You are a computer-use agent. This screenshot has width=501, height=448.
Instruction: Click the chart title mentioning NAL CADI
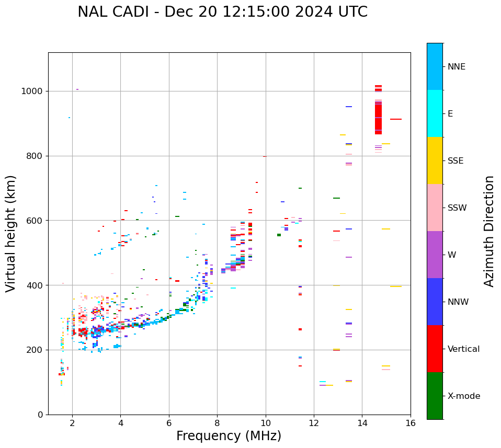click(x=222, y=12)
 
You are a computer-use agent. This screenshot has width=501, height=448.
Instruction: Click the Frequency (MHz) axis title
click(x=229, y=436)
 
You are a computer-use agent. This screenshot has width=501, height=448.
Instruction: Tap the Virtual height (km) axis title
click(x=11, y=233)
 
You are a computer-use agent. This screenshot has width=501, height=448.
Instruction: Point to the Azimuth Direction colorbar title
click(x=489, y=231)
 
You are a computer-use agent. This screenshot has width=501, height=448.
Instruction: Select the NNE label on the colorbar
click(x=456, y=67)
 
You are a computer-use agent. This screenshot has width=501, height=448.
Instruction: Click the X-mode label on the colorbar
click(x=464, y=396)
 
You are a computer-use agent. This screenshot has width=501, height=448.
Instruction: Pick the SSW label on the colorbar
click(x=457, y=208)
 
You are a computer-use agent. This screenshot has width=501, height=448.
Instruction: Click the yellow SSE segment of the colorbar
click(x=435, y=160)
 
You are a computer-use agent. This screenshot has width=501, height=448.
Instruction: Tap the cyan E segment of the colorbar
click(x=435, y=113)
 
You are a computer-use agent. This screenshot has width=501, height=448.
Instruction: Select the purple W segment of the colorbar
click(x=435, y=255)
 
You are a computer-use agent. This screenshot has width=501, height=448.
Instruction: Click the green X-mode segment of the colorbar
click(x=435, y=396)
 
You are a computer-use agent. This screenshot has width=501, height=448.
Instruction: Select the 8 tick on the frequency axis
click(x=217, y=422)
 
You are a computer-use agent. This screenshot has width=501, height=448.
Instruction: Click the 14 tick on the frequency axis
click(x=362, y=422)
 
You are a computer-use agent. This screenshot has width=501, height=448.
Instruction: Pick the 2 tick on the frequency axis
click(x=72, y=422)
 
